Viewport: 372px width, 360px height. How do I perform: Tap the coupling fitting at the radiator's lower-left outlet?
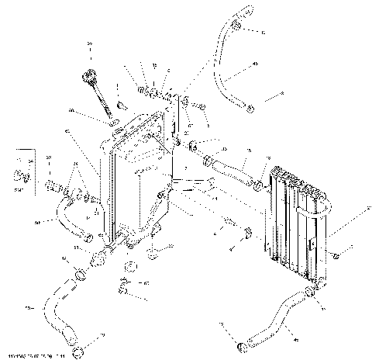click(102, 256)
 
